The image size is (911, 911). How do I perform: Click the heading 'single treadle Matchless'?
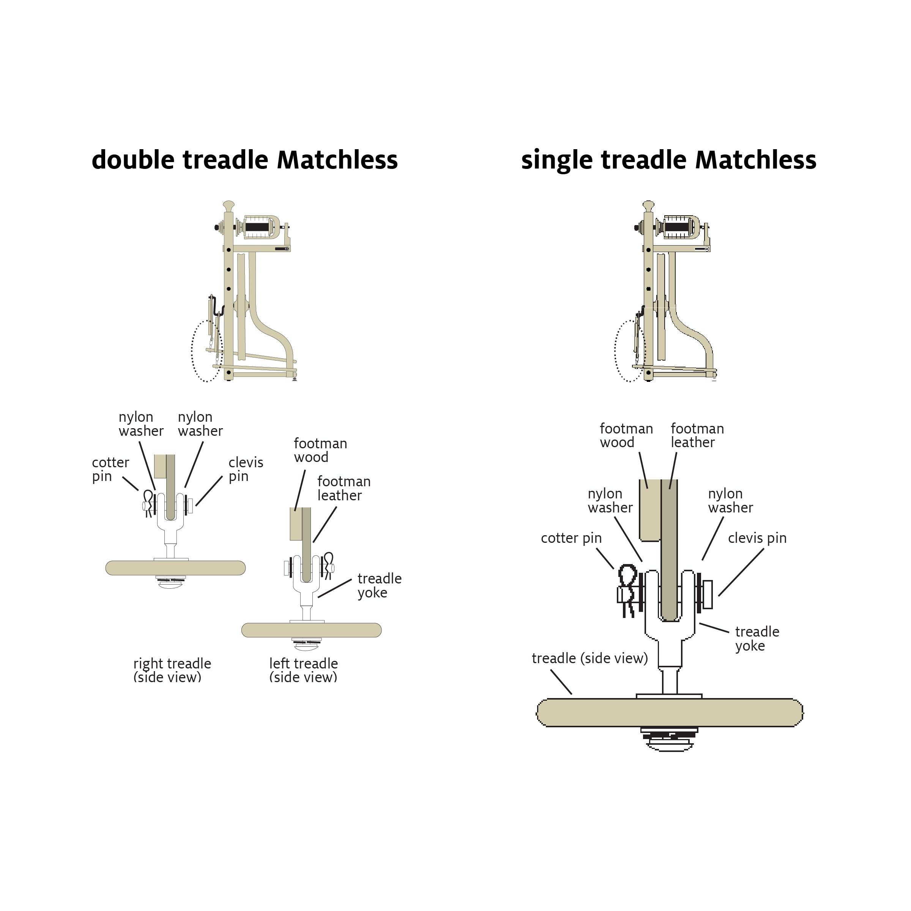(x=668, y=160)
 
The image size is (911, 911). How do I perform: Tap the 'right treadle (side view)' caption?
(x=172, y=670)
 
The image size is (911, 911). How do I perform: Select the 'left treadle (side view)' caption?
(x=303, y=670)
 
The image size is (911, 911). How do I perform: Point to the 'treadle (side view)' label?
(x=589, y=658)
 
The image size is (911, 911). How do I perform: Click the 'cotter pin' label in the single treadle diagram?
(x=571, y=538)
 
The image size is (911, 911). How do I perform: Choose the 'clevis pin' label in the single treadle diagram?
(x=757, y=538)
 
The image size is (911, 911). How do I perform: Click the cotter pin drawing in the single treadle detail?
(x=627, y=588)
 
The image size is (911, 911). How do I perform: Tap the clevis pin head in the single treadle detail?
(x=707, y=594)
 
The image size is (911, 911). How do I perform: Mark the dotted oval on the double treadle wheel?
(x=206, y=351)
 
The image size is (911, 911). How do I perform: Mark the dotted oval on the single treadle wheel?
(x=629, y=351)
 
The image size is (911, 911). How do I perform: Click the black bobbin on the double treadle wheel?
(x=257, y=227)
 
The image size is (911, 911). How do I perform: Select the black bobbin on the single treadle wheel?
(x=677, y=227)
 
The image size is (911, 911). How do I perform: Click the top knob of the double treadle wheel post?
(x=229, y=205)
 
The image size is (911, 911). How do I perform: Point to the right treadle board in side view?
(x=175, y=568)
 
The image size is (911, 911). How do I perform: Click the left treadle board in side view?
(x=311, y=630)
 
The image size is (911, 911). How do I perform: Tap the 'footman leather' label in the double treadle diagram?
(x=344, y=489)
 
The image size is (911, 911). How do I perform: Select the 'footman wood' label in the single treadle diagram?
(x=626, y=435)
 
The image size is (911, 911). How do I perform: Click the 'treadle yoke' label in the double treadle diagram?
(x=379, y=585)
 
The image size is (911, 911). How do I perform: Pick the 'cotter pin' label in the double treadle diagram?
(x=110, y=469)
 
